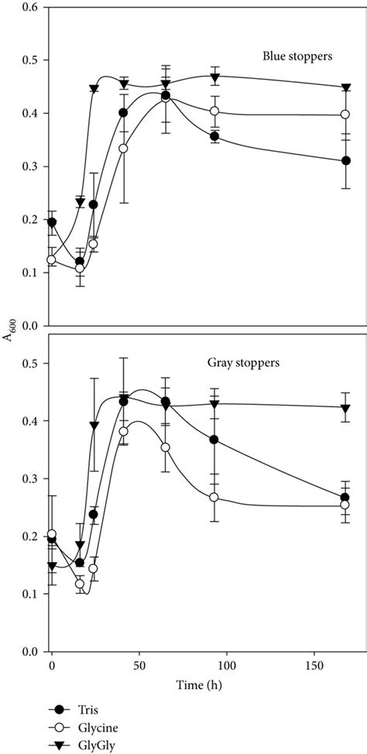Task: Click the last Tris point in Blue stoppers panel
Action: pyautogui.click(x=345, y=161)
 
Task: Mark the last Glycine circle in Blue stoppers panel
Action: pyautogui.click(x=345, y=115)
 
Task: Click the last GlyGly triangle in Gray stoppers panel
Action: pyautogui.click(x=345, y=407)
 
